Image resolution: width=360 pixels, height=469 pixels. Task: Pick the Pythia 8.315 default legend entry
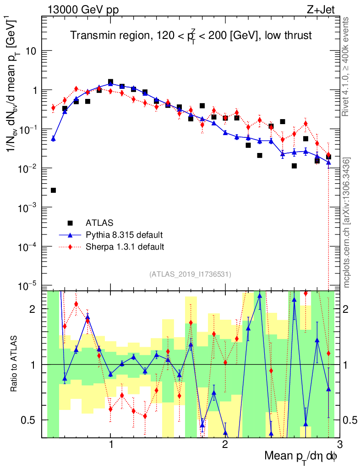click(124, 235)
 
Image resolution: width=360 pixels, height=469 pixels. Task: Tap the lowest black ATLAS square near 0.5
click(53, 190)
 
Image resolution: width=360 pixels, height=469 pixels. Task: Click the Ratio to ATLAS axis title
click(14, 365)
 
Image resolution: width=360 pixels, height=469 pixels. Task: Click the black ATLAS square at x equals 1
click(111, 82)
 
